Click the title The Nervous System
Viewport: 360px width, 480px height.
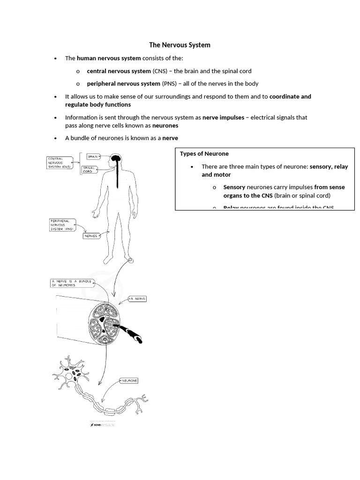coord(180,45)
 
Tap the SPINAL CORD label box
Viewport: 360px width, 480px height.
coord(90,169)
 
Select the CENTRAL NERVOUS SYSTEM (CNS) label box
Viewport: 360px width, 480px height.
coord(60,163)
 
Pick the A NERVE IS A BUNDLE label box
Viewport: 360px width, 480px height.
coord(72,283)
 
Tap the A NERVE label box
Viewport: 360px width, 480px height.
coord(137,299)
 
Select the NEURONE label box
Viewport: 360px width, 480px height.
coord(129,381)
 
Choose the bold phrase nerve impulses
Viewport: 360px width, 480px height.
coord(223,118)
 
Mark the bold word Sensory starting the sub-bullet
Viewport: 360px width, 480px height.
coord(234,187)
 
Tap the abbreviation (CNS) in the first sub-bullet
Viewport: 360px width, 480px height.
coord(158,71)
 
